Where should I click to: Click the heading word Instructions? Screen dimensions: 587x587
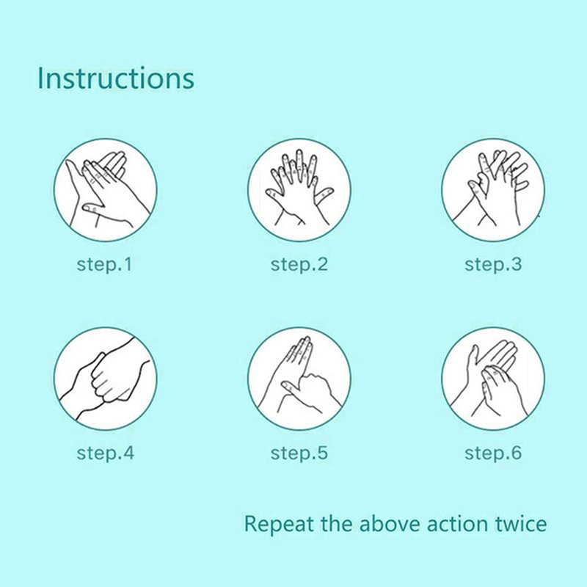116,78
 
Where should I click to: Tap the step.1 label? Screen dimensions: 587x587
104,264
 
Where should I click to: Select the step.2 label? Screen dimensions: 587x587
299,264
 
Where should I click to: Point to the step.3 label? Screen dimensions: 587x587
493,264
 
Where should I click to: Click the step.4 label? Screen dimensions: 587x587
105,453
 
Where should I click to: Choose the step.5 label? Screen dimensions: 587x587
299,453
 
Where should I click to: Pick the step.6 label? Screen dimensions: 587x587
493,453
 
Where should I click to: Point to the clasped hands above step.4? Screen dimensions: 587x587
105,379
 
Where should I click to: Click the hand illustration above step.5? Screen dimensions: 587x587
299,379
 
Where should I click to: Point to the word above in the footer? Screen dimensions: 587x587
390,523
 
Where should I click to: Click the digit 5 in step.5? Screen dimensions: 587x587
322,452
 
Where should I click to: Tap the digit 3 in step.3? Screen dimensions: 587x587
516,264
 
